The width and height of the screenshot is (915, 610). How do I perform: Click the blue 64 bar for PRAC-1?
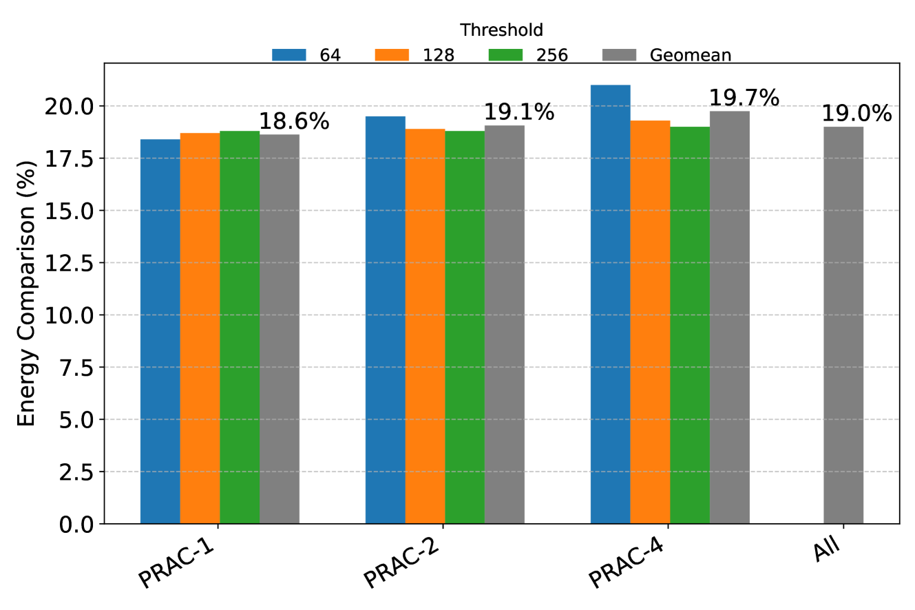coord(160,331)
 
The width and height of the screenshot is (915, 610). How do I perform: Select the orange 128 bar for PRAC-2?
coord(425,326)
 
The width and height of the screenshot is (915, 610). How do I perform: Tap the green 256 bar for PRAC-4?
coord(690,325)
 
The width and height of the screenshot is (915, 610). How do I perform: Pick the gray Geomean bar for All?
coord(843,325)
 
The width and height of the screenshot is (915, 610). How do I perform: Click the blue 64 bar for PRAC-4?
coord(610,304)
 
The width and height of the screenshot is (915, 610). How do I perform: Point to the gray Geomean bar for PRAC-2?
coord(505,324)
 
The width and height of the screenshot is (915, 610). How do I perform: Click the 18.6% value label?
coord(294,122)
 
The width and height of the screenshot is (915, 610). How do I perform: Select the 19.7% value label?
coord(744,98)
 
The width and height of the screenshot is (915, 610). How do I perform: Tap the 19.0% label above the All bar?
coord(856,114)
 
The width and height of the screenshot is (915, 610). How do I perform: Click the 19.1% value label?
coord(519,112)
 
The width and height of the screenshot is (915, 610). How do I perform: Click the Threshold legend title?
coord(501,30)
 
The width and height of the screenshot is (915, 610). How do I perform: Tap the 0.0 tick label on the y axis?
coord(81,525)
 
